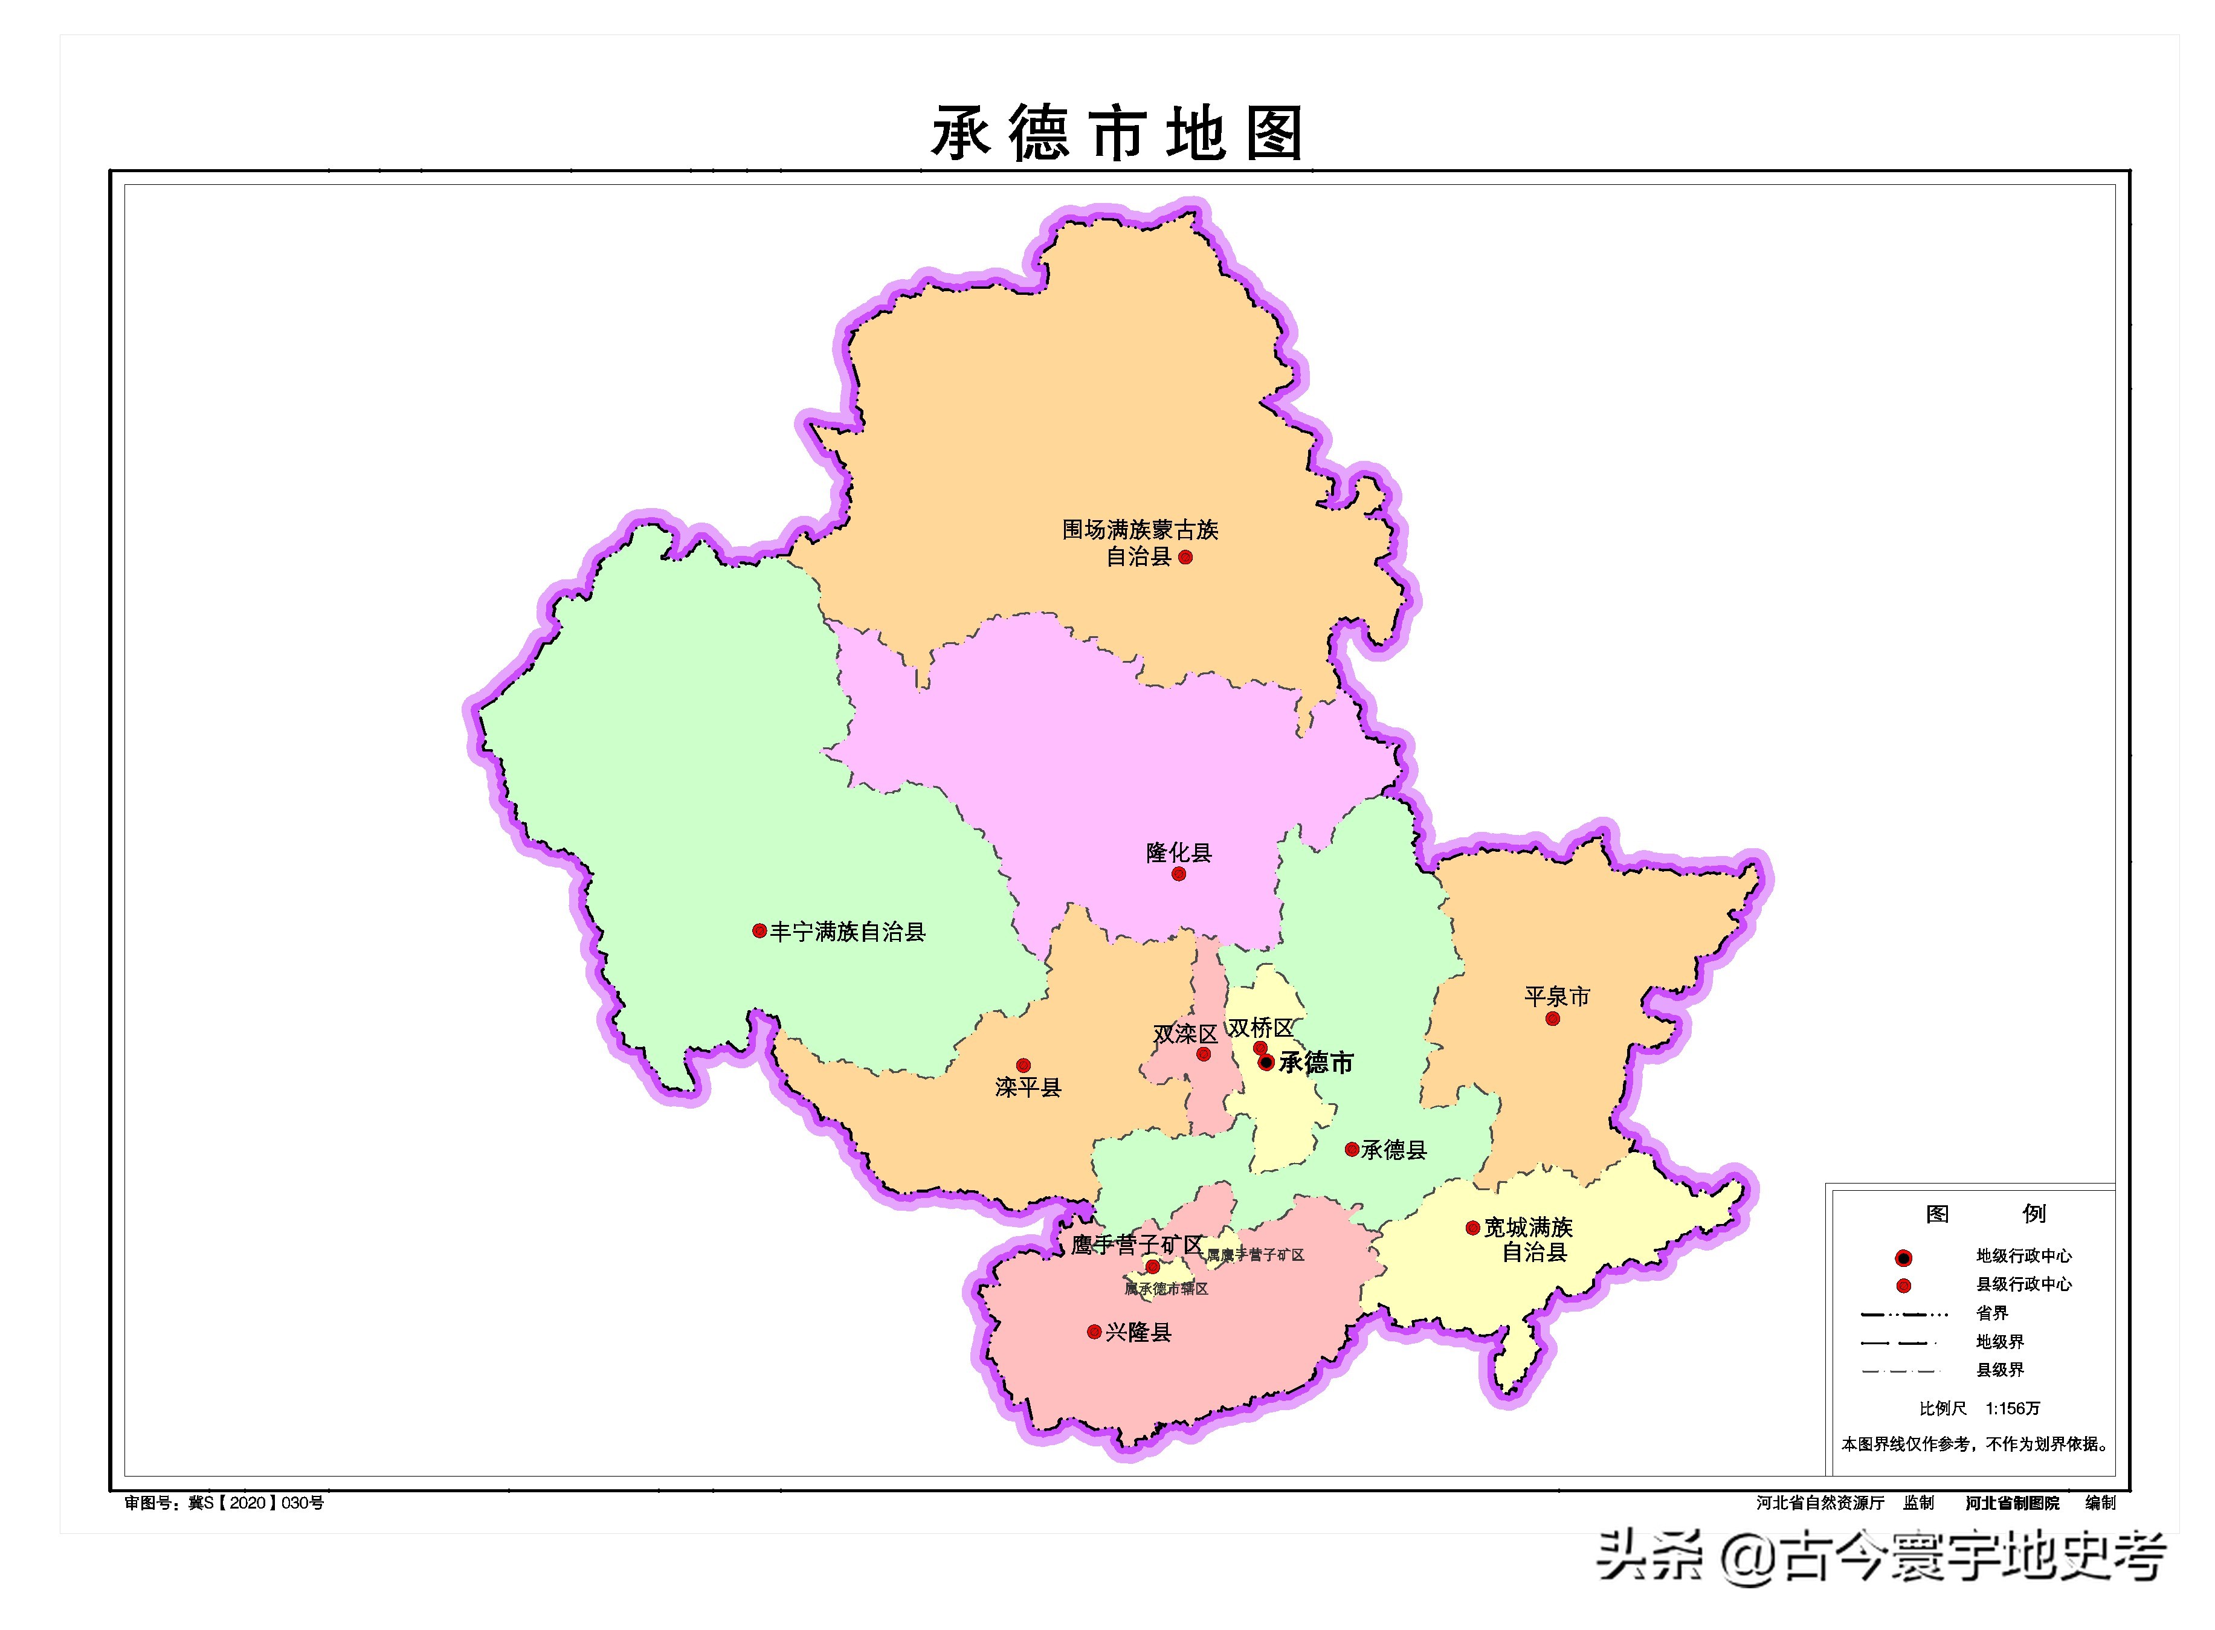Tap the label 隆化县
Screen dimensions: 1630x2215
click(1178, 851)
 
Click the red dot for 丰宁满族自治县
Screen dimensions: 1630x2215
click(759, 930)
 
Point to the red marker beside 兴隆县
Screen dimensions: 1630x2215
click(1093, 1332)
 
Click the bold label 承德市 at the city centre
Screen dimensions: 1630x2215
click(1316, 1063)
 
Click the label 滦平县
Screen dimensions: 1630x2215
click(1027, 1087)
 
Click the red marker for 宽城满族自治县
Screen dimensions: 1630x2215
click(1472, 1228)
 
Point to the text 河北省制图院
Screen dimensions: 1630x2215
click(2012, 1503)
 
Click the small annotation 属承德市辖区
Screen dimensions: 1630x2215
click(1166, 1289)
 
